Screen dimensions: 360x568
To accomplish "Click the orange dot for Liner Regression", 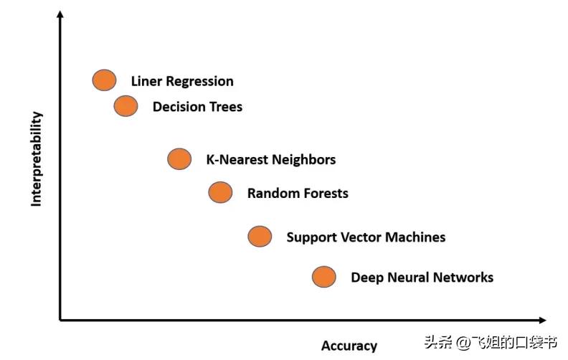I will pos(104,80).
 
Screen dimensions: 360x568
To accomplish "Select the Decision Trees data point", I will pos(126,106).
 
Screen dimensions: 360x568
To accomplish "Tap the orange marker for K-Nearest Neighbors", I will pos(179,158).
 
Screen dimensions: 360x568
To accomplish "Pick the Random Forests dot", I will pos(220,192).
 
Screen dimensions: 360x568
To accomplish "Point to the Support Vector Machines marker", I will pos(260,236).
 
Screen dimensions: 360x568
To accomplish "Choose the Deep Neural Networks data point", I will pos(324,276).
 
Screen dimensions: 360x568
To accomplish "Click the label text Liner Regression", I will pos(182,81).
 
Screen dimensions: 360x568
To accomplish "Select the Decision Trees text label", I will pos(197,107).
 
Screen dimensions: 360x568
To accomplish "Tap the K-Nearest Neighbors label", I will pos(270,159).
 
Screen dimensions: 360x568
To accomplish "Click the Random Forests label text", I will pos(298,193).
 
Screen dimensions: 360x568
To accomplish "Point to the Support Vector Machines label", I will pos(366,237).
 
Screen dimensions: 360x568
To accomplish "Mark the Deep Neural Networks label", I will pos(422,277).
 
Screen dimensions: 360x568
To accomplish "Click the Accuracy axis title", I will pos(349,346).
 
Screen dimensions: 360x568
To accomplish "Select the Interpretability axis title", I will pos(37,159).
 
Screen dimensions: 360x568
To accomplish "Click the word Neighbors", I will pos(304,159).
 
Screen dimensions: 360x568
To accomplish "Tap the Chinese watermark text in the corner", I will pos(491,342).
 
